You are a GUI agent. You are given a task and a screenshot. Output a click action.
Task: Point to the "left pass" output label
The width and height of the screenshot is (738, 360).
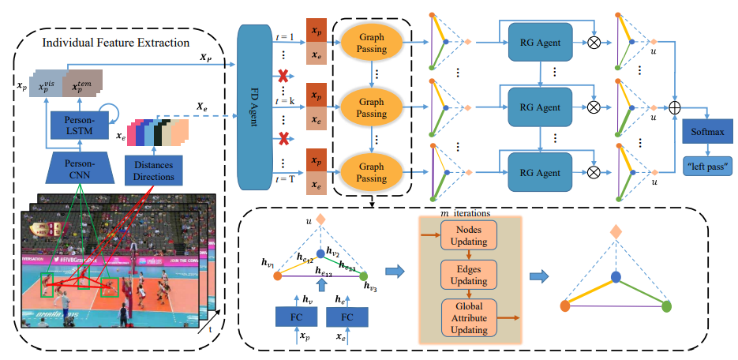[x=708, y=166]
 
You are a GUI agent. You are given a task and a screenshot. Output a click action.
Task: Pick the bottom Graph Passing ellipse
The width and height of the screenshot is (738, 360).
[x=370, y=172]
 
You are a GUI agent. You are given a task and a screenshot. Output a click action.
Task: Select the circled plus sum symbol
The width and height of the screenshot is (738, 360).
[x=675, y=105]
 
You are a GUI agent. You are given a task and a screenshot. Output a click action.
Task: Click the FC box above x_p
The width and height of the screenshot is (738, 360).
[x=296, y=317]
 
